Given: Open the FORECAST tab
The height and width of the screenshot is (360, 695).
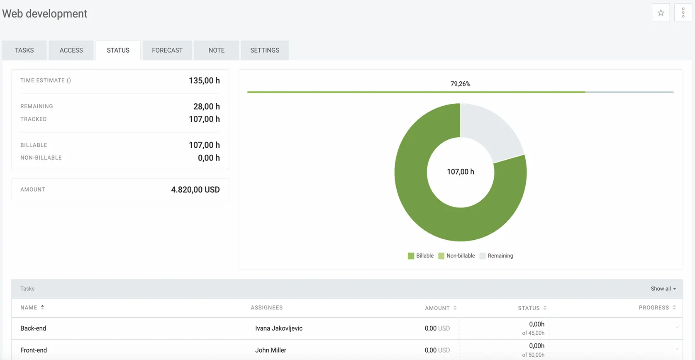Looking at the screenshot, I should click(167, 50).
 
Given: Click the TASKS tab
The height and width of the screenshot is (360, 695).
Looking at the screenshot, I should click(24, 50).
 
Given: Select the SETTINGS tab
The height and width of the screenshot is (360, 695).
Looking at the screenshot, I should click(264, 50).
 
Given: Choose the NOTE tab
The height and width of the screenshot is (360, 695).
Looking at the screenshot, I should click(216, 50).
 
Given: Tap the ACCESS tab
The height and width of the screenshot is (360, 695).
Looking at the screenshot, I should click(71, 50).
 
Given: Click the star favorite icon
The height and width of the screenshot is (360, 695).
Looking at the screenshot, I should click(661, 13).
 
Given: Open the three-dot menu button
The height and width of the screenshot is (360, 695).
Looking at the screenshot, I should click(683, 13).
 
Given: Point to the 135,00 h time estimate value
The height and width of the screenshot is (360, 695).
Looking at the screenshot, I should click(204, 80).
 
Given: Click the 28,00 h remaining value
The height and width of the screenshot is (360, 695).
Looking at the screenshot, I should click(206, 107).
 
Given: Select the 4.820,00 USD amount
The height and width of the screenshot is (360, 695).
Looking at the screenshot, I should click(195, 190).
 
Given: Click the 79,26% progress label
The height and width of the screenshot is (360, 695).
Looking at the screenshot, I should click(460, 84).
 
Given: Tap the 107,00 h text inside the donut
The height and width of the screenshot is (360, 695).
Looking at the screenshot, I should click(460, 172).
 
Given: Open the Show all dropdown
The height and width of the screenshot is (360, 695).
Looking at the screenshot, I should click(663, 289).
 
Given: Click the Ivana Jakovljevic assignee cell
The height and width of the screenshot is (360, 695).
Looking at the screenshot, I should click(278, 328).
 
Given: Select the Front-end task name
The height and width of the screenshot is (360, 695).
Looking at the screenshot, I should click(34, 350).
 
